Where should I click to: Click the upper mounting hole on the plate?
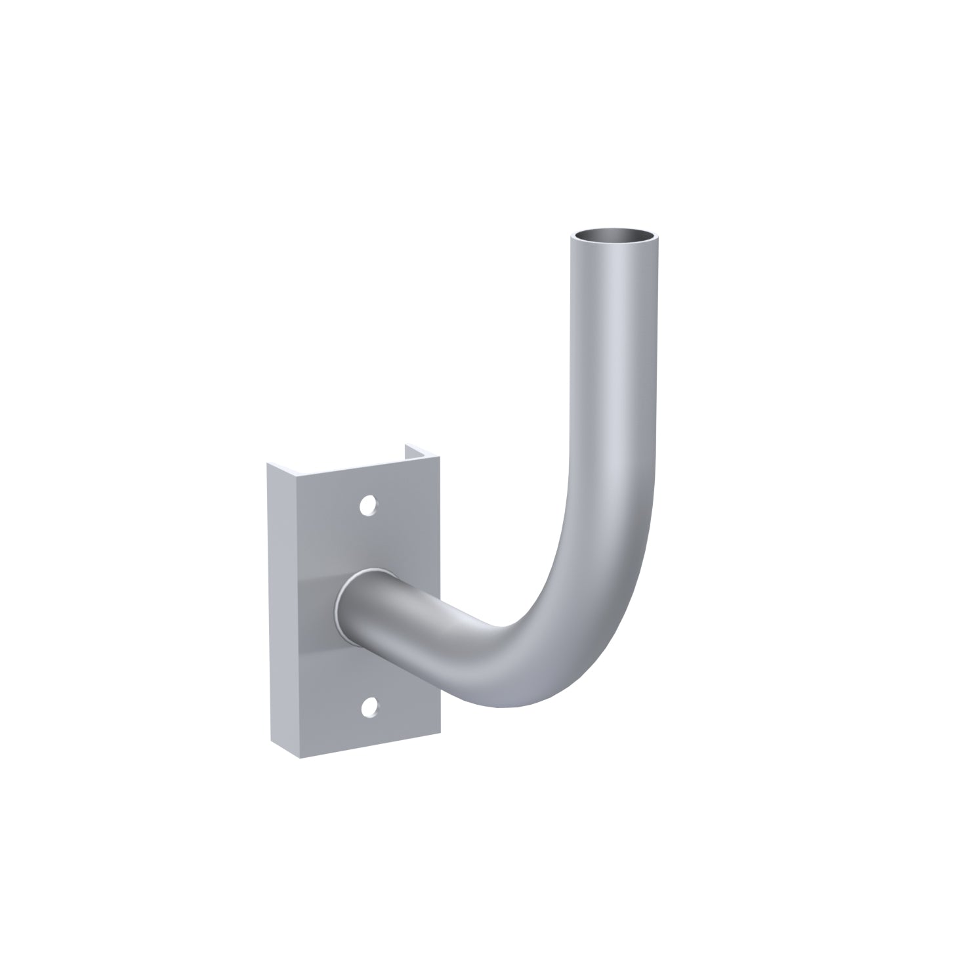(369, 504)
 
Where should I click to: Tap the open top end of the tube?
(614, 234)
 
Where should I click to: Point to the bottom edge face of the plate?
(367, 750)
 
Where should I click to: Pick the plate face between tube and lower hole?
(374, 669)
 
